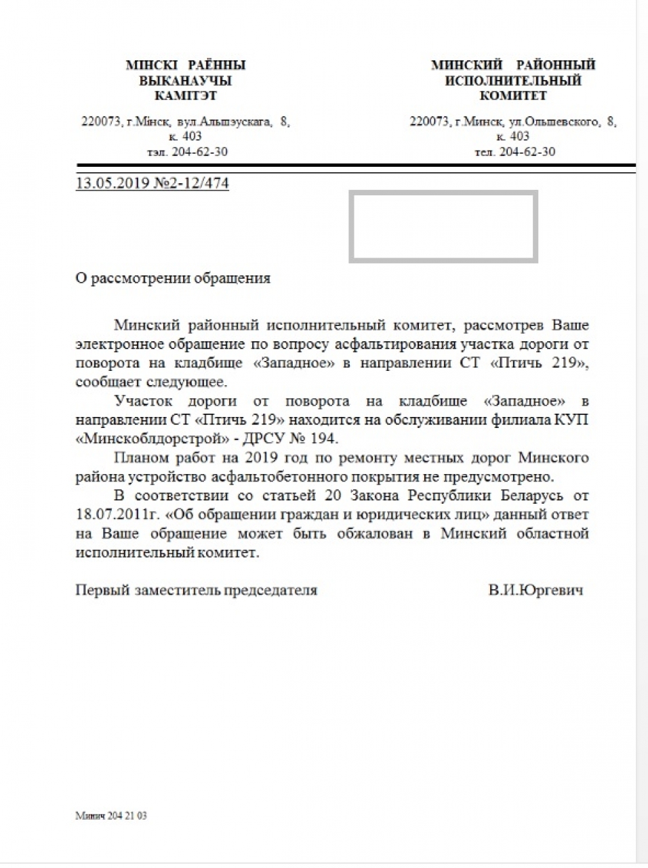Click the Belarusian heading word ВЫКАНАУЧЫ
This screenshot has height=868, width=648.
(x=185, y=81)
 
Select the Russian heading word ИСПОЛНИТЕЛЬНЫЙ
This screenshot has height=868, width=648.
(x=513, y=81)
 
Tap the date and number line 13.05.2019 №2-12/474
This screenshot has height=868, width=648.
(x=152, y=183)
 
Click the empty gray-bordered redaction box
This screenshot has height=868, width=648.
(x=443, y=226)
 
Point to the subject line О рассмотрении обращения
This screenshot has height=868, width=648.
(x=173, y=278)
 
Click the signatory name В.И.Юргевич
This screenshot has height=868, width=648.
(x=535, y=590)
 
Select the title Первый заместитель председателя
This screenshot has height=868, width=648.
(x=196, y=590)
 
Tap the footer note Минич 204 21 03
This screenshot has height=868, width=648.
(x=110, y=816)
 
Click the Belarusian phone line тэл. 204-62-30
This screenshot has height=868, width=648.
(x=187, y=152)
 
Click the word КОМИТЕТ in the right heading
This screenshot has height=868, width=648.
(x=513, y=96)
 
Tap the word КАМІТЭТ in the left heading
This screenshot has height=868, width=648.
(x=185, y=96)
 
